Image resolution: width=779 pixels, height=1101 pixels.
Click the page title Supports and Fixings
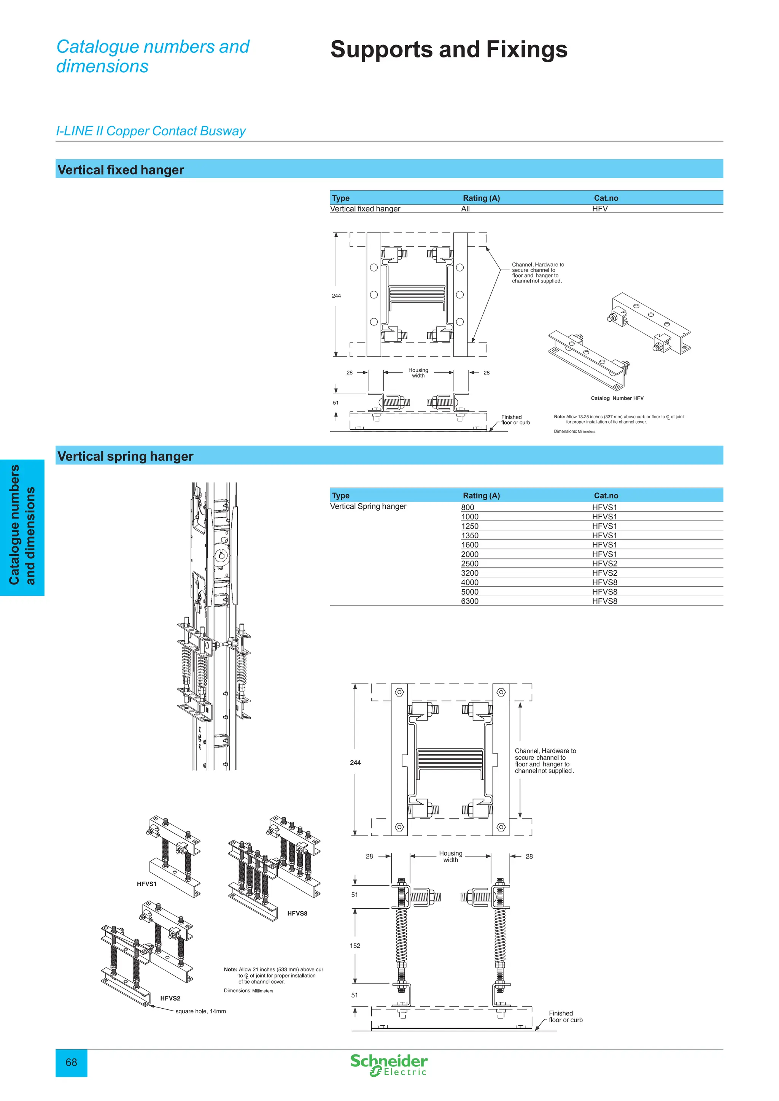(448, 49)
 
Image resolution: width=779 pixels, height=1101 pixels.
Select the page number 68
(71, 1062)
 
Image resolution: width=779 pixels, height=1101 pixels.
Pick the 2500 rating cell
(470, 563)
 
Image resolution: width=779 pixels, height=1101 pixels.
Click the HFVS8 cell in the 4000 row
(604, 582)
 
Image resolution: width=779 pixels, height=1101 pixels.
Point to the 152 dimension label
(355, 946)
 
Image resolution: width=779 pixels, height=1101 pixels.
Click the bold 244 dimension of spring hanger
(355, 763)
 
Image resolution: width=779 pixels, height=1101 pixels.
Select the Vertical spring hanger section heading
(125, 456)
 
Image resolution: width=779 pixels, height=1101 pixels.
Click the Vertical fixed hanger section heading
(121, 170)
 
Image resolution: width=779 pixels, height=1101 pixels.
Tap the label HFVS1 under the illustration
(147, 884)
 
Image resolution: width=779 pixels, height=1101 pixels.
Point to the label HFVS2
(170, 998)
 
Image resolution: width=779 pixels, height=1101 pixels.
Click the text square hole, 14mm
(200, 1011)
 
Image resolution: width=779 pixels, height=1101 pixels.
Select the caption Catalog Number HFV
(617, 398)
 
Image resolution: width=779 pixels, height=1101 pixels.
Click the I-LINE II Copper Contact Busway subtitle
(151, 131)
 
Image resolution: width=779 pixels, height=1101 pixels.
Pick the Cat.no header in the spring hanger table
(606, 495)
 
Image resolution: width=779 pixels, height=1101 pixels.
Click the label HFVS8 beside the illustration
(297, 914)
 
